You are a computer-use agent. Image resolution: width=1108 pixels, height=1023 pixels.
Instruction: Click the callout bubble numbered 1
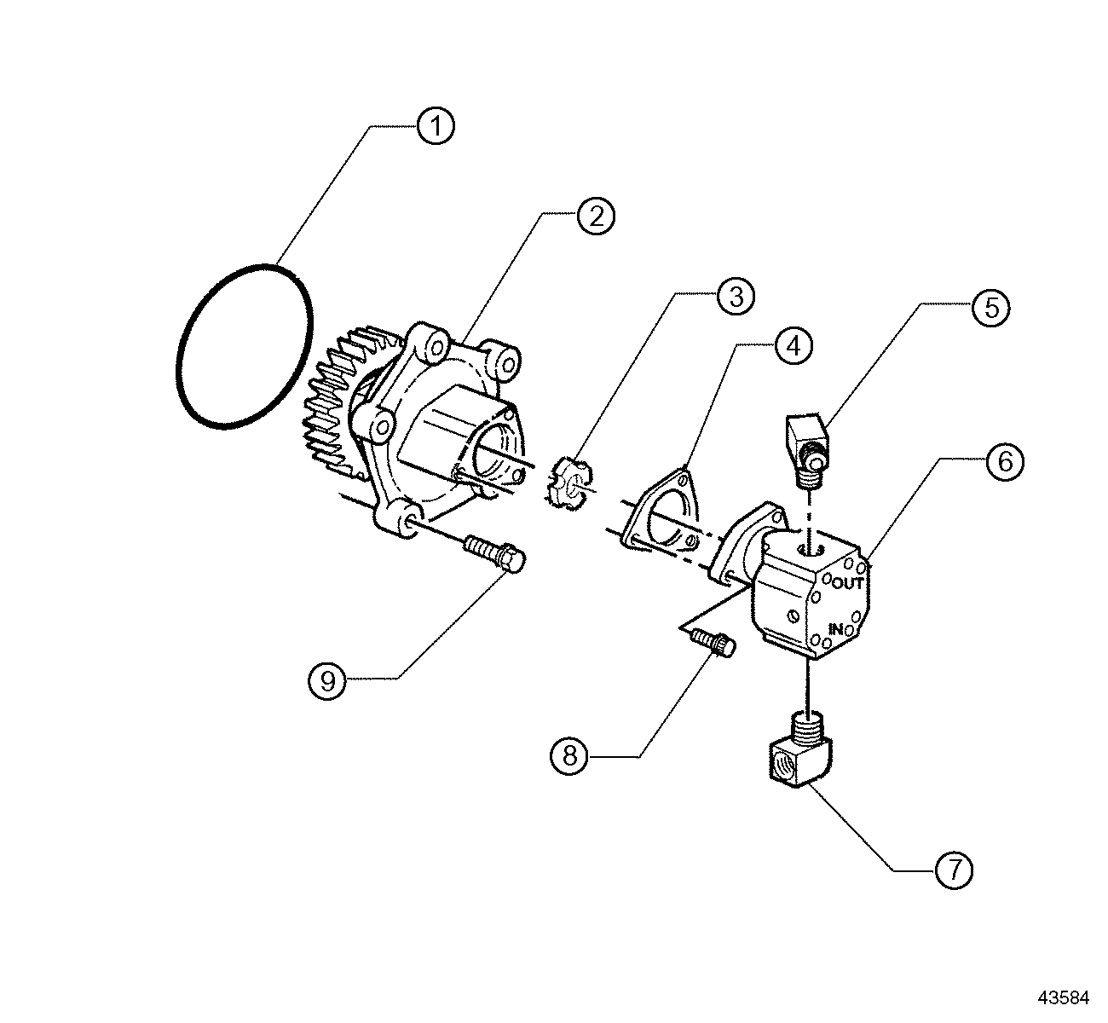436,126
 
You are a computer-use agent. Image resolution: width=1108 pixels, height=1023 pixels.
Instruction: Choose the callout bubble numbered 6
1005,461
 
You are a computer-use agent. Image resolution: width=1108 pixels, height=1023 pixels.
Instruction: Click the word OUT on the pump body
848,584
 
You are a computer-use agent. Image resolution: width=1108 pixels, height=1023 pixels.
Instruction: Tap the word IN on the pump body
836,629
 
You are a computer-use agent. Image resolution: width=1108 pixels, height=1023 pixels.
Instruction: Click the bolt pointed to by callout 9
496,552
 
